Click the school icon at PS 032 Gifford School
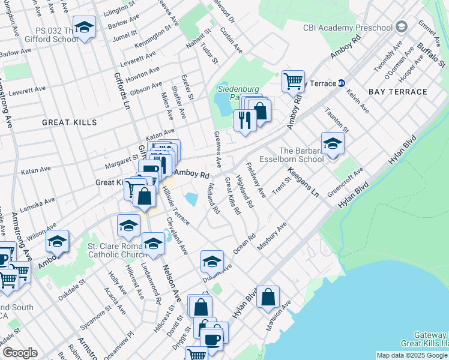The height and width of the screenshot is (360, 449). click(x=85, y=28)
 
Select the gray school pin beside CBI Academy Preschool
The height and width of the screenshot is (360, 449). click(x=402, y=26)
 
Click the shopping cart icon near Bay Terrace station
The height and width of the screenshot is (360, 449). click(x=293, y=80)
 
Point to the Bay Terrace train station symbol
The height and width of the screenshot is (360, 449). click(x=342, y=83)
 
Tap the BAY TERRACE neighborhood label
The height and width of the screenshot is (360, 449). click(x=398, y=92)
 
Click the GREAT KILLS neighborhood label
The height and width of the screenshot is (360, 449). click(x=70, y=122)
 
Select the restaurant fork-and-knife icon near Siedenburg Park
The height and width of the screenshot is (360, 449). click(x=245, y=119)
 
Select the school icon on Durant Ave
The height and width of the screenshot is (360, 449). click(x=212, y=262)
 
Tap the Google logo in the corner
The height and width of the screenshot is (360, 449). click(x=20, y=353)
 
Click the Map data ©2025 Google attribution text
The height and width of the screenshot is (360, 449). click(x=412, y=355)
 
